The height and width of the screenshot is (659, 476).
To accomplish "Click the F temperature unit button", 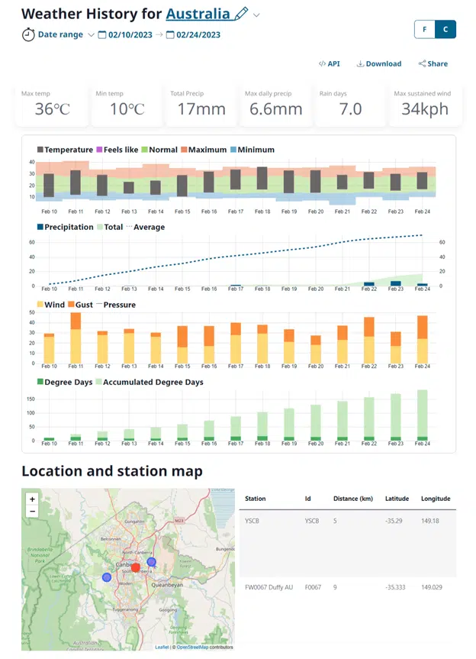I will [x=424, y=30].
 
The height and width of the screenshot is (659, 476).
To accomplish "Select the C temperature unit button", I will [x=445, y=30].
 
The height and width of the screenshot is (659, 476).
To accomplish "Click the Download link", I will [x=379, y=64].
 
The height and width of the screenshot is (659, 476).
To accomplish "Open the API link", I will [x=330, y=64].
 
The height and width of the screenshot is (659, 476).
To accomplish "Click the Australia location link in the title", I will [x=198, y=14].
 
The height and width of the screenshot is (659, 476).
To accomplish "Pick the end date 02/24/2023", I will [x=198, y=35].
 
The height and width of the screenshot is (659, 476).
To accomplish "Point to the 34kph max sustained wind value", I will [x=425, y=109].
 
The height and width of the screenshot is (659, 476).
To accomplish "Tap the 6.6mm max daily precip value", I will [x=275, y=109].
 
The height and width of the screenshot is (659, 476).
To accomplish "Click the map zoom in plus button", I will [x=31, y=499].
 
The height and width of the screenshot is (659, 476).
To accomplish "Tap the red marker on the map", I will [x=135, y=567].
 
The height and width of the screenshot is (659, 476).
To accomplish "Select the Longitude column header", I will [x=435, y=499].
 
